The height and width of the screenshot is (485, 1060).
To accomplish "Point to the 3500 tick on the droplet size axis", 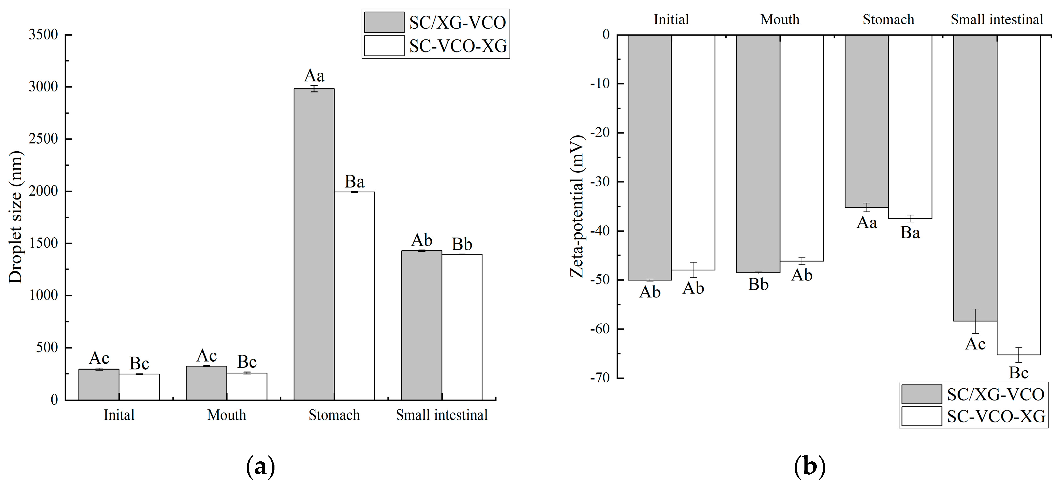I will point(43,35).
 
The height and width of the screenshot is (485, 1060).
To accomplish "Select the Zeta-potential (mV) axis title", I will point(577,206).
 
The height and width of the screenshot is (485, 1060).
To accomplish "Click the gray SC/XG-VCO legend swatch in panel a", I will point(384,22).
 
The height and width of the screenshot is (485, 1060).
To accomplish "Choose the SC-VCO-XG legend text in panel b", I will point(996,417).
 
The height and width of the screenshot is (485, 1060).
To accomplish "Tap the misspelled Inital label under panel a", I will point(119,415).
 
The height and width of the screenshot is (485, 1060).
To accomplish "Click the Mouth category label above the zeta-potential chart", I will point(780,19).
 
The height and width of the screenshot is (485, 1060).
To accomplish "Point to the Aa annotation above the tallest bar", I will point(314,76).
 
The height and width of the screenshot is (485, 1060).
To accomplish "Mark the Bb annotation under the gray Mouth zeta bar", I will point(758,285).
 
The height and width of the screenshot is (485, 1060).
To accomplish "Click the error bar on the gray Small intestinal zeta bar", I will point(975,321).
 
